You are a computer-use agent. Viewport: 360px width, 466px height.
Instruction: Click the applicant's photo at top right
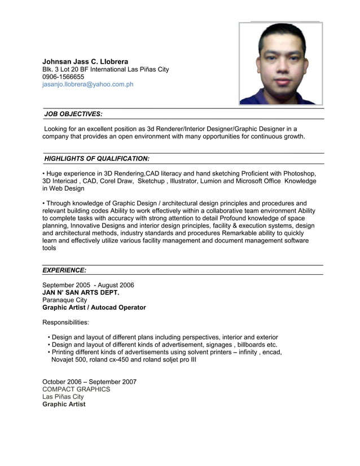pyautogui.click(x=280, y=64)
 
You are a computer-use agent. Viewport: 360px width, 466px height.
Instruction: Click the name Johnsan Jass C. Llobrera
pyautogui.click(x=85, y=61)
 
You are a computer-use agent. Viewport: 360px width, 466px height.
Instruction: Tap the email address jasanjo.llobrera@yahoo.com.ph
pyautogui.click(x=87, y=85)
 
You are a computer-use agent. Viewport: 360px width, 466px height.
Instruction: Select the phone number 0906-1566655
pyautogui.click(x=63, y=77)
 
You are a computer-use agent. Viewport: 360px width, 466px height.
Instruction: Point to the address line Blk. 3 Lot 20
pyautogui.click(x=106, y=69)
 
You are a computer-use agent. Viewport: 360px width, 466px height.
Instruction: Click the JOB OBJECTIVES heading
pyautogui.click(x=73, y=114)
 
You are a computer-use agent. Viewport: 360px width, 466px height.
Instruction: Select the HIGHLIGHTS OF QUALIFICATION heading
pyautogui.click(x=96, y=159)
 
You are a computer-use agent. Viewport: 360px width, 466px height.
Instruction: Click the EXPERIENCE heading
pyautogui.click(x=64, y=270)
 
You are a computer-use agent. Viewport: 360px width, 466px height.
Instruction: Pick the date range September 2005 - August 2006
pyautogui.click(x=88, y=285)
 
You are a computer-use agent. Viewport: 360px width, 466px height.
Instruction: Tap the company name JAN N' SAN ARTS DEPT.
pyautogui.click(x=81, y=293)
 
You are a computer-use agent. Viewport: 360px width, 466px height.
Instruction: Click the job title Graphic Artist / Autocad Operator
pyautogui.click(x=94, y=307)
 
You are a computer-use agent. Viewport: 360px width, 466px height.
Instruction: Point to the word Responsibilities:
pyautogui.click(x=65, y=323)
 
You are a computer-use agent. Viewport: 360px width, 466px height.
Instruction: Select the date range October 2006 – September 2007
pyautogui.click(x=89, y=382)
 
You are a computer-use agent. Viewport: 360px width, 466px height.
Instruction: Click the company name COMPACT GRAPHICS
pyautogui.click(x=76, y=389)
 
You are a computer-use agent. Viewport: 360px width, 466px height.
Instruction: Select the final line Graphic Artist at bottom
pyautogui.click(x=64, y=404)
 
